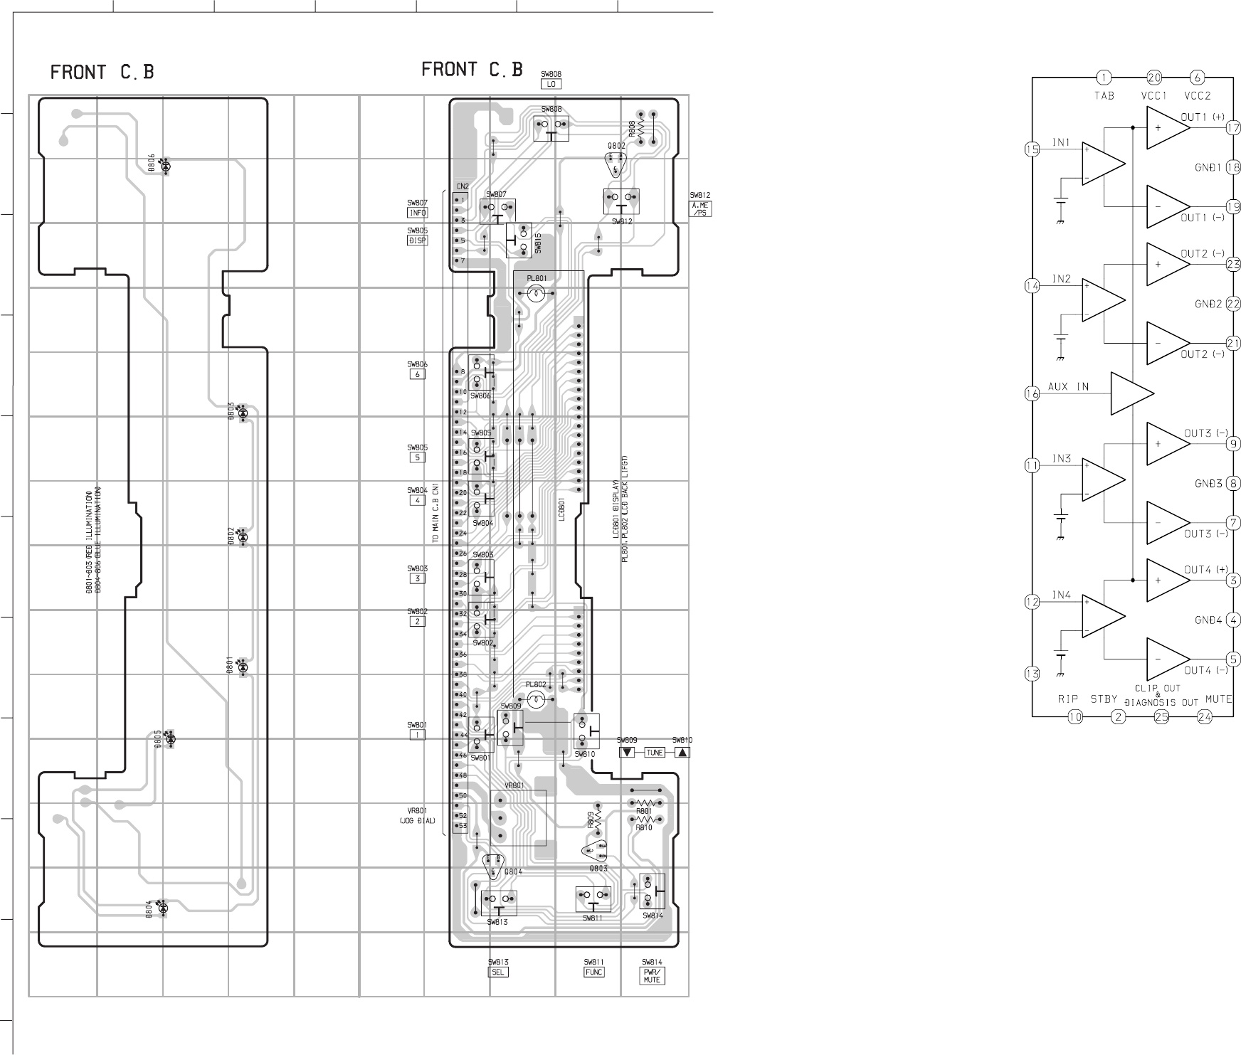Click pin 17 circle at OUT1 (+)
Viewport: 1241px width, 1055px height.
point(1233,128)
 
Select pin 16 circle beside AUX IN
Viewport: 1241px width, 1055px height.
point(1033,393)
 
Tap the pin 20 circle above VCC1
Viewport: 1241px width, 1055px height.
point(1154,78)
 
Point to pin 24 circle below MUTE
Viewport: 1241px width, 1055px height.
point(1205,717)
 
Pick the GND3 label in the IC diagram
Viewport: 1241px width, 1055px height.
point(1208,484)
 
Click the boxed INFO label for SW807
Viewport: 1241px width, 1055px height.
point(418,213)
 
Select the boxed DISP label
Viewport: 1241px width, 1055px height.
point(418,240)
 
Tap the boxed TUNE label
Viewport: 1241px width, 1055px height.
point(654,753)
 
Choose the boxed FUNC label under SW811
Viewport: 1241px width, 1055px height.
point(594,972)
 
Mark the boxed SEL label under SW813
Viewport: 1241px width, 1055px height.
point(499,972)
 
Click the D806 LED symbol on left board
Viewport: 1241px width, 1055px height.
point(166,166)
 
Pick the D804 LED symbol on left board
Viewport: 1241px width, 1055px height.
point(162,907)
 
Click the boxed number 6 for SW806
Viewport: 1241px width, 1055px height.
point(418,374)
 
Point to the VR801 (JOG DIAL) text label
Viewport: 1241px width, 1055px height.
point(417,815)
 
